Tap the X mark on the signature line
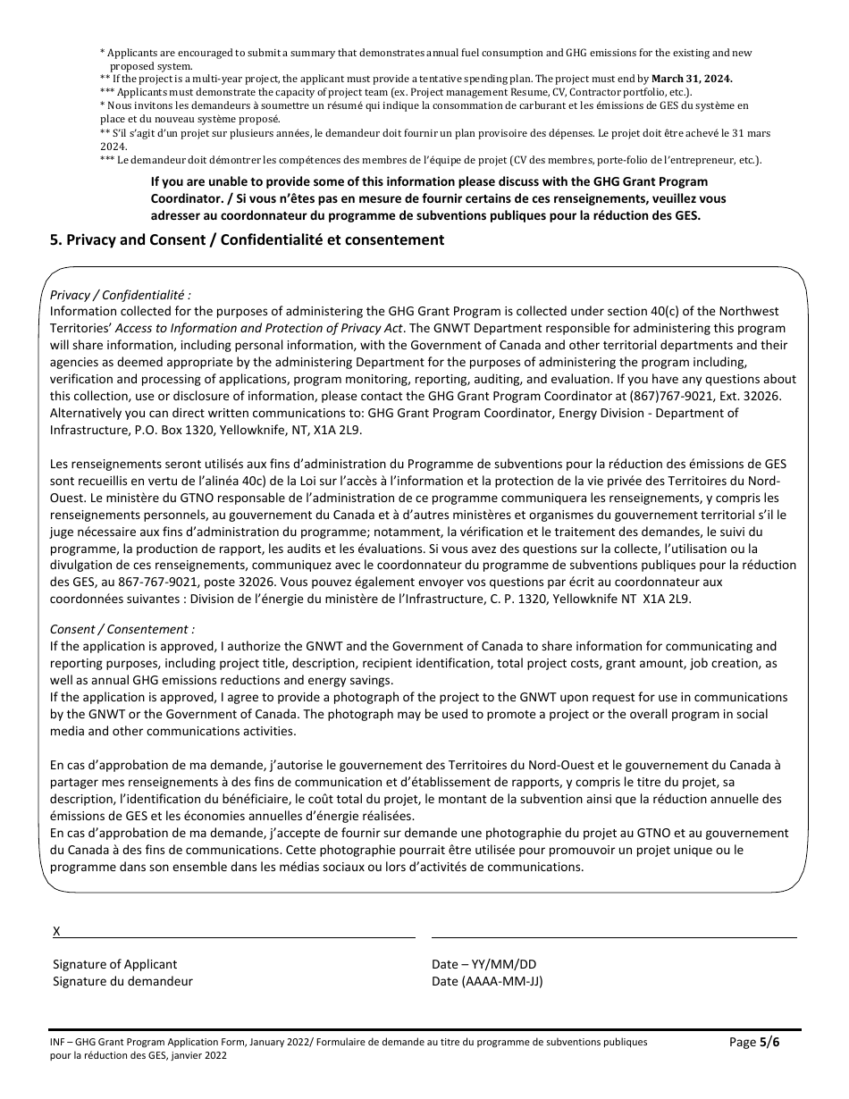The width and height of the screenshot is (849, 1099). (57, 931)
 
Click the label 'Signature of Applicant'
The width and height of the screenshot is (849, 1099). (114, 964)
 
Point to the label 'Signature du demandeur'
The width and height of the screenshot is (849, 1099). (122, 981)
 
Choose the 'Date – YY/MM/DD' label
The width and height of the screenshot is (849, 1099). (483, 964)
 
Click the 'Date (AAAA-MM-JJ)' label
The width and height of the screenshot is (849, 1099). (487, 981)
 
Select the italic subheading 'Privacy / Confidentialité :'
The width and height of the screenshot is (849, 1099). (121, 295)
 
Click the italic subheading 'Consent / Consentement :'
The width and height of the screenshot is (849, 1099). (122, 629)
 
